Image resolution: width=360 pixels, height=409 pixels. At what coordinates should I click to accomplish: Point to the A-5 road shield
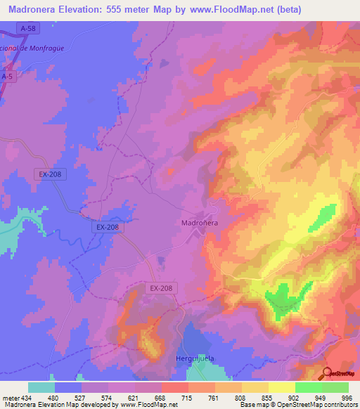pos(7,76)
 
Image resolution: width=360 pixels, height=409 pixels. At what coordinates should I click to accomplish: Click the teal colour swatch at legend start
pos(41,387)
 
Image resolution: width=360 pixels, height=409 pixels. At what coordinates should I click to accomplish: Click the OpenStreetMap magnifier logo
pos(328,373)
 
